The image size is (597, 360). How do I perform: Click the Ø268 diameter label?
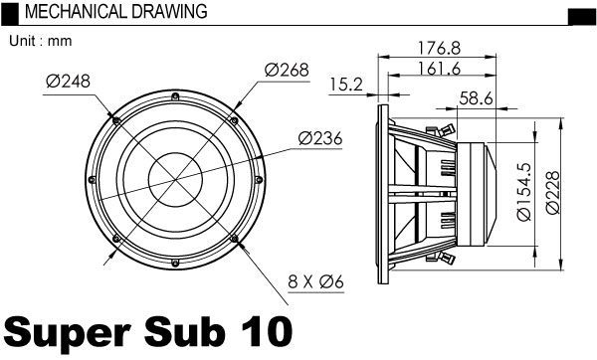[287, 70]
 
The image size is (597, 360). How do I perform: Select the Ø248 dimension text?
[68, 82]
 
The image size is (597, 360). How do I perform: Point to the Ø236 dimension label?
[320, 138]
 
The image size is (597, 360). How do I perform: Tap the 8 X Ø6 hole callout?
[316, 282]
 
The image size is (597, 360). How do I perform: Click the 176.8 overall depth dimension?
[439, 48]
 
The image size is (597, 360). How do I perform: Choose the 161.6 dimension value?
[439, 69]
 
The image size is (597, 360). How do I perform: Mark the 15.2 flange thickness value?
[346, 85]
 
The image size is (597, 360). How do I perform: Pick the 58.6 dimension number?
[476, 98]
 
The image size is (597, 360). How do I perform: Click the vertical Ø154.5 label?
[524, 191]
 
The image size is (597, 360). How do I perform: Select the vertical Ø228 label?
[553, 192]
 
